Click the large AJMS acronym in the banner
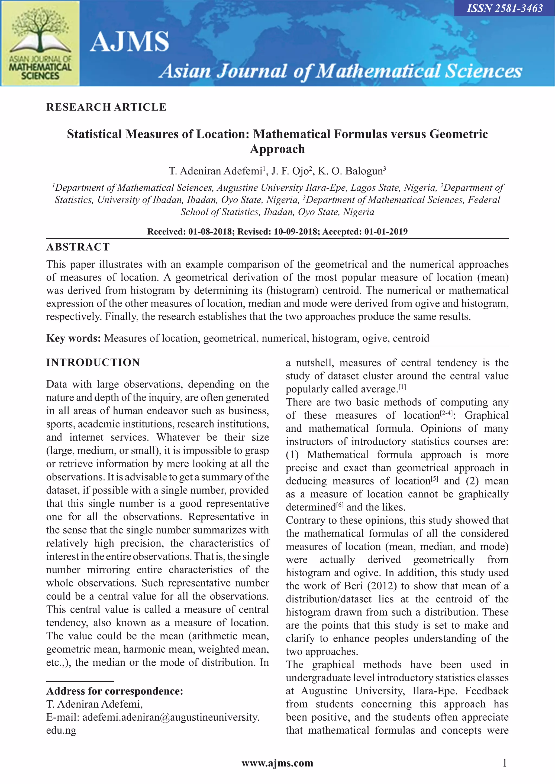coord(129,42)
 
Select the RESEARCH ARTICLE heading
coord(106,107)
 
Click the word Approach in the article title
coord(277,149)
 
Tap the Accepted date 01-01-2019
coord(386,232)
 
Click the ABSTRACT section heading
coord(78,247)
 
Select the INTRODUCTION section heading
coord(93,362)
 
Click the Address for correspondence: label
coord(115,691)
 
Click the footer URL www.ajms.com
coord(277,763)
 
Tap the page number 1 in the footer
coord(505,763)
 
